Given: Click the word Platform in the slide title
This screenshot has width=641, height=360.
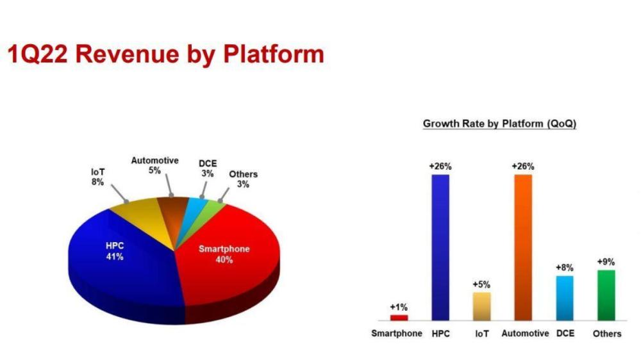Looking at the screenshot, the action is pos(273,54).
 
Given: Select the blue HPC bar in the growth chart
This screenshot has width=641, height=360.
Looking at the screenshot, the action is pos(440,247).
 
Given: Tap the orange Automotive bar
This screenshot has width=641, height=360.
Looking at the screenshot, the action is pos(523,247).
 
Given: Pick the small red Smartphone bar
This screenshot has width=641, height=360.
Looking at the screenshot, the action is pos(399,318).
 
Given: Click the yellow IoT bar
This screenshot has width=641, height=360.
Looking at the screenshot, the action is pos(481,306).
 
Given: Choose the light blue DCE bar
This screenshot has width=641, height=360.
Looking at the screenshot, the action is pos(565,298).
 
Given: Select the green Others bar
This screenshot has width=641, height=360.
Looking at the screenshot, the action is pos(606,295).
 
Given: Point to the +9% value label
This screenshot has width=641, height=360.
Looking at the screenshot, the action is pos(606,262).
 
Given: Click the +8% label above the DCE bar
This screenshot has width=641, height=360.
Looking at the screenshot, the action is pos(565,268).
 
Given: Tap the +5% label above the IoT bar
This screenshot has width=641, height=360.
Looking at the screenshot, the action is pos(481,284).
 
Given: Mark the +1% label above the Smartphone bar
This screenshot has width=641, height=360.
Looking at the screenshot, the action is pos(399,307).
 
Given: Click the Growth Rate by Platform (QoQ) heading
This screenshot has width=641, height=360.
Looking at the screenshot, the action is pos(499,124).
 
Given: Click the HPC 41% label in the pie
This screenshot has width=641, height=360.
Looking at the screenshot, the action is pos(115,251).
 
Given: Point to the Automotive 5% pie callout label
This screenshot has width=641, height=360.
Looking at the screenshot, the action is pos(154,165).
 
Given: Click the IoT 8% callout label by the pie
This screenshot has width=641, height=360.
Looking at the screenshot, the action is pos(97,177).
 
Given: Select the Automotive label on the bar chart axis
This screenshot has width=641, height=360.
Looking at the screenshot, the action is pos(525,334).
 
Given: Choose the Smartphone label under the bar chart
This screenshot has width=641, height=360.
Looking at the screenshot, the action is pos(397,334).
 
